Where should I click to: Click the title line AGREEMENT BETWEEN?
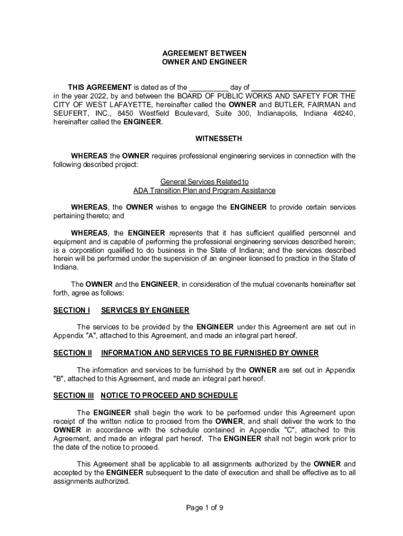coord(204,53)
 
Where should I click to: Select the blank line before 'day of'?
coord(208,87)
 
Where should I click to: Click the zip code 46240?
coord(343,114)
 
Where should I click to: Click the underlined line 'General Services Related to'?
coord(204,182)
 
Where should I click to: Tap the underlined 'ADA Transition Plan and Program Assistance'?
coord(204,191)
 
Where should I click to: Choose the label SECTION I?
coord(71,310)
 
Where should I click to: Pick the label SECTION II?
coord(73,353)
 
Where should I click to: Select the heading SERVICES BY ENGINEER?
coord(145,310)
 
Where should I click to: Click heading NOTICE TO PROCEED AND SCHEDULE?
coord(169,395)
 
